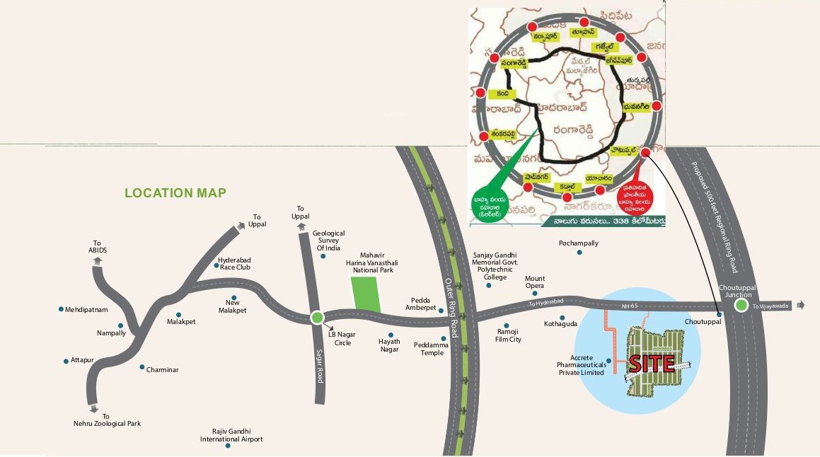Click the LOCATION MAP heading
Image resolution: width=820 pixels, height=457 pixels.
[x=175, y=193]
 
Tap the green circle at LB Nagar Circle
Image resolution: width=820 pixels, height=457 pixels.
[x=317, y=318]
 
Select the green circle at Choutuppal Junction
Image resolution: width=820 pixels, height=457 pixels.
[x=741, y=306]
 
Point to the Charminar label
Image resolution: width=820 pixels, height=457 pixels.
[x=162, y=370]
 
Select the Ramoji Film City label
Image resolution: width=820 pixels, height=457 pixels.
[x=509, y=335]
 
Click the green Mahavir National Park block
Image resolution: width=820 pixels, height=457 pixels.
[x=366, y=294]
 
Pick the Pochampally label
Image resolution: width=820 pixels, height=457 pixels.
[x=579, y=243]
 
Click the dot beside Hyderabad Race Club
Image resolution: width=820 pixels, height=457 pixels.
[x=216, y=266]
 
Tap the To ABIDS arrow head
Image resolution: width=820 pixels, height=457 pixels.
[x=98, y=260]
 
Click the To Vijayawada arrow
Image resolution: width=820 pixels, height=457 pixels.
[x=800, y=306]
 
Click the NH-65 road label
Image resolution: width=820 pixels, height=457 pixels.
[x=630, y=306]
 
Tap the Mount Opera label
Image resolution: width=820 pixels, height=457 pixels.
[x=535, y=282]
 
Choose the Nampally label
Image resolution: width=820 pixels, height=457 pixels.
[x=111, y=333]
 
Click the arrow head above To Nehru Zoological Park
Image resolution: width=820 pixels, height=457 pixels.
[x=94, y=408]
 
